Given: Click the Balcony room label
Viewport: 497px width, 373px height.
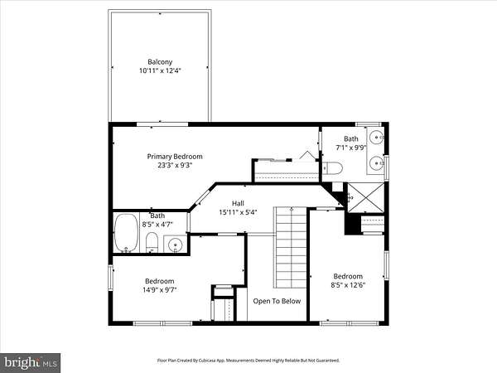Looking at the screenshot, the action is coord(160,62).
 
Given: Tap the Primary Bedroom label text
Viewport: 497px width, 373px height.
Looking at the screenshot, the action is coord(175,157).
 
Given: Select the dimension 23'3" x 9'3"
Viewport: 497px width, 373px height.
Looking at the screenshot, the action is coord(175,165).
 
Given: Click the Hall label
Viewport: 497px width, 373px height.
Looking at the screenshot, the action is coord(238,203).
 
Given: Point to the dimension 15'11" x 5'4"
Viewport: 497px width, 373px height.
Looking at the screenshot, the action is coord(238,212).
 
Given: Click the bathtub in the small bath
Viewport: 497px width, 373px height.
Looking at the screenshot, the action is coord(126,232).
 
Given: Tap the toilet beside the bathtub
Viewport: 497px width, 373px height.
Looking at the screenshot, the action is coord(152,242).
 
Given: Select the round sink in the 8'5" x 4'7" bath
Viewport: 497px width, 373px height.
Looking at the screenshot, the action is coord(175,245).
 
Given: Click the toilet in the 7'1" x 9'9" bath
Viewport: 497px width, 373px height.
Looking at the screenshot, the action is coord(332,168).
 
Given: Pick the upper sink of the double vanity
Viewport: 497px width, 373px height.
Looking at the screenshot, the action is coord(377,138).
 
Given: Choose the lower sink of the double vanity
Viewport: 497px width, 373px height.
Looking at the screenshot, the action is coord(377,163).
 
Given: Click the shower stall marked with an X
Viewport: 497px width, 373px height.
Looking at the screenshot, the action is coord(366,197).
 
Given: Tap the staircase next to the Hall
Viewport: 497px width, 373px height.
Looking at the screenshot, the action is coord(291,247).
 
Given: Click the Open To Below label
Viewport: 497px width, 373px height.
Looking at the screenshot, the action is coord(277,301).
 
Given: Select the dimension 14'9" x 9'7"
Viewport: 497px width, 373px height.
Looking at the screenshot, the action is coord(159,289).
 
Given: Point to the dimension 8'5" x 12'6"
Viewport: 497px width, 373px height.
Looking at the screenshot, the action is coord(348,285).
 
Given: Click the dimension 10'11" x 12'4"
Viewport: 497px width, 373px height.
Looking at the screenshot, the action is coord(160,70).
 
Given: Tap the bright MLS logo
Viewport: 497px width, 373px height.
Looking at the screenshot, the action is coord(30,362).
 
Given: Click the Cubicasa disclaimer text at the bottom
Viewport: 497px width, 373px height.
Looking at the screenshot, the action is coord(248,361).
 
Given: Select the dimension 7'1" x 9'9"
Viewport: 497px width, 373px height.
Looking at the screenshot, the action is coord(351,148).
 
